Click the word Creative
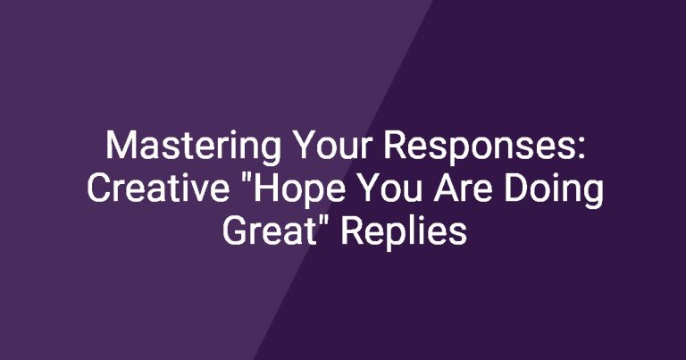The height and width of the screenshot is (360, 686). pos(158,188)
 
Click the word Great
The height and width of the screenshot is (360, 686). pos(269,230)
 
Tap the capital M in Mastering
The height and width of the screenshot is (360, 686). pos(121,146)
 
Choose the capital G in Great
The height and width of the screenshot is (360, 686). pos(234,231)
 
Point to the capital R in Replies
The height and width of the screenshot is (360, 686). pos(352,231)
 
